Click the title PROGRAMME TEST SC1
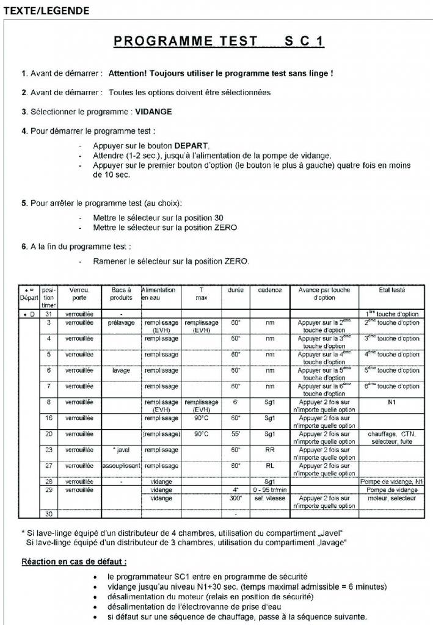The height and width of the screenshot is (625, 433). point(219,42)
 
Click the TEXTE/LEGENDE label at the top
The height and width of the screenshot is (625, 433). point(46,10)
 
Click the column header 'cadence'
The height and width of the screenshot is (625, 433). point(269,290)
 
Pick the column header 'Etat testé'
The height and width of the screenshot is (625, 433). point(400,290)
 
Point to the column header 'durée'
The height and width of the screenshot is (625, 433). point(236,290)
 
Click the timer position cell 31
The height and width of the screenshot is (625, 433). point(48,314)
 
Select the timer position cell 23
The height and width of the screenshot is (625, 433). point(48,450)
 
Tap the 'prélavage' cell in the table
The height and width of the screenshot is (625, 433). point(122,322)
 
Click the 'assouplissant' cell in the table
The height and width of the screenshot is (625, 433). point(122,466)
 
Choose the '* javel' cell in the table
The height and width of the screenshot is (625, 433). point(122,450)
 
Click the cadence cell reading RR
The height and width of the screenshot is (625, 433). point(269,450)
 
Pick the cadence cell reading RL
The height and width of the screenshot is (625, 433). point(269,466)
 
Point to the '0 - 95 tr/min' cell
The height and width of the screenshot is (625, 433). point(269,490)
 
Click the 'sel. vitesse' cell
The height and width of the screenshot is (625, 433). point(269,498)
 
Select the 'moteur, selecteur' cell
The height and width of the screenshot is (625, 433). point(400,498)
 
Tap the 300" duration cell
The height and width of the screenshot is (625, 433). point(236,498)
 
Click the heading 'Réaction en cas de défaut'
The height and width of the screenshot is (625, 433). point(74,562)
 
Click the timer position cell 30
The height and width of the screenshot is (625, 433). point(48,513)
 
